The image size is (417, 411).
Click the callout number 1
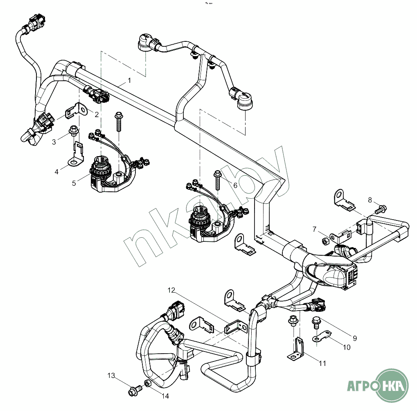click(x=129, y=81)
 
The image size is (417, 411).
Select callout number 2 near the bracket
click(x=97, y=115)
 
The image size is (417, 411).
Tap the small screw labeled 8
click(x=379, y=209)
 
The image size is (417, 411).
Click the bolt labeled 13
click(x=133, y=391)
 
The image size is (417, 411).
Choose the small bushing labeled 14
click(x=147, y=384)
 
